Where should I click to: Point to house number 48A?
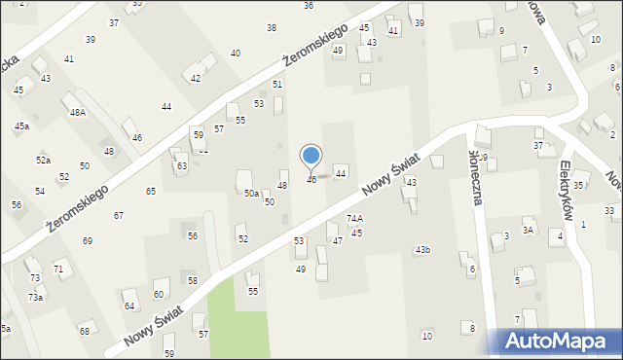click(78, 113)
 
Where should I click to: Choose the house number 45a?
click(21, 126)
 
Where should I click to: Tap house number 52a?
click(43, 160)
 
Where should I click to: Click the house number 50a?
click(251, 194)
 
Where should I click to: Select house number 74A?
click(354, 219)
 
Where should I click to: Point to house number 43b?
click(422, 250)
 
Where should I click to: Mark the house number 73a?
click(35, 297)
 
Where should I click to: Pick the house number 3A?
click(528, 231)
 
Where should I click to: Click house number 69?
click(88, 240)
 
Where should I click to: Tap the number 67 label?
click(119, 215)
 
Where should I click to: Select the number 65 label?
click(151, 192)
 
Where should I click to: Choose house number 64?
click(128, 306)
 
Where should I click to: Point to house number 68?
click(85, 332)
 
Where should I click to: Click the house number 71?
click(58, 269)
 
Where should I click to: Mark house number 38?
click(271, 27)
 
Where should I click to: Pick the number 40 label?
click(235, 53)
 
